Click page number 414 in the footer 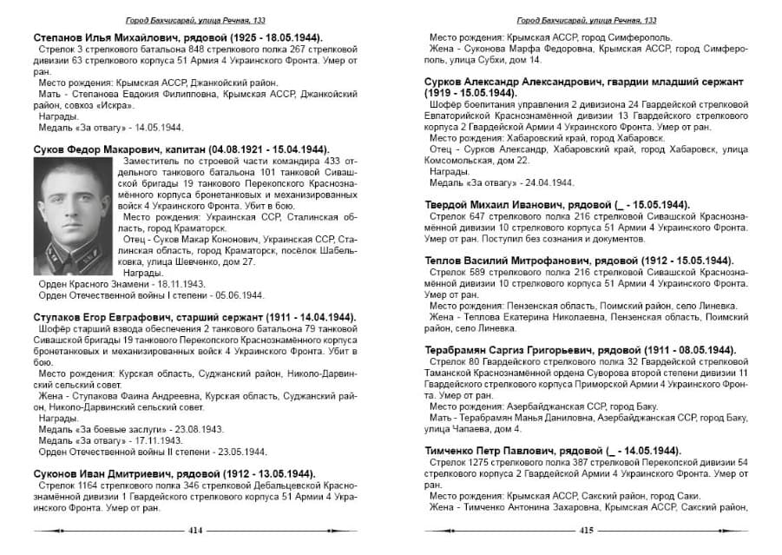coord(194,530)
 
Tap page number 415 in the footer coord(586,530)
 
